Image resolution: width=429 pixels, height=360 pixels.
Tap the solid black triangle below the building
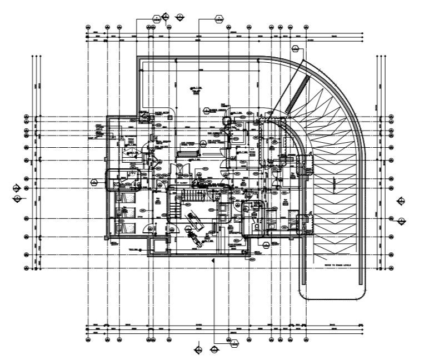click(214, 259)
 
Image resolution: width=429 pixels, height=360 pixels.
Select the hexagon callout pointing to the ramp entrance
click(295, 48)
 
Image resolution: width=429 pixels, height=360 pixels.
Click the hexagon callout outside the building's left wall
click(94, 182)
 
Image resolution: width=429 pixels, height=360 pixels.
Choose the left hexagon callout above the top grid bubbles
click(157, 18)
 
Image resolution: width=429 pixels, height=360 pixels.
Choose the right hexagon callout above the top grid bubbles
click(220, 18)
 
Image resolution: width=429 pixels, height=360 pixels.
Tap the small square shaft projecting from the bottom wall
click(157, 245)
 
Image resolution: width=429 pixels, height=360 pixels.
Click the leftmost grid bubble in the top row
click(88, 27)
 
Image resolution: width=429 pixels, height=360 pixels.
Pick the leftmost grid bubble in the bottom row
click(88, 338)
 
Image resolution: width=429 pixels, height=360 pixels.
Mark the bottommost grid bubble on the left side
click(27, 268)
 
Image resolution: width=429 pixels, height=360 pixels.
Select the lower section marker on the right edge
click(401, 221)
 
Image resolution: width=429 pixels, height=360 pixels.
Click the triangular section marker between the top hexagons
click(179, 17)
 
